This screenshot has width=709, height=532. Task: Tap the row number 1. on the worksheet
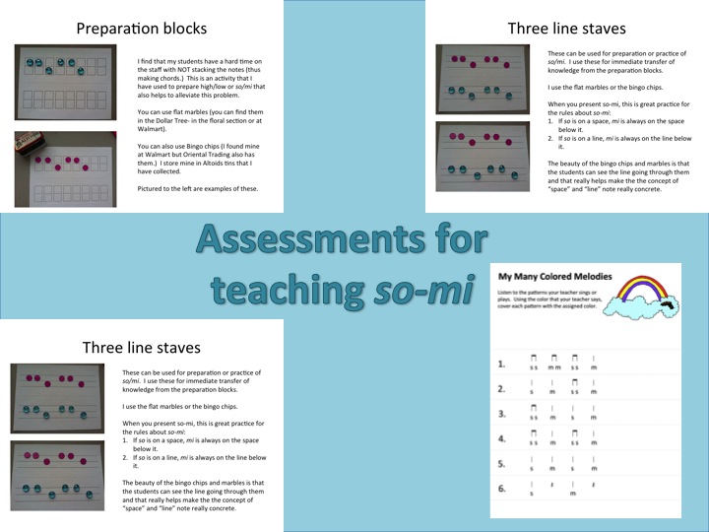[502, 365]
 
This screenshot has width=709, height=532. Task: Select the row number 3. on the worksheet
[502, 414]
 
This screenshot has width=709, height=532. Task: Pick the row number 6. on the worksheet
[502, 488]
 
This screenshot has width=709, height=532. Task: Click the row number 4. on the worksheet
[502, 438]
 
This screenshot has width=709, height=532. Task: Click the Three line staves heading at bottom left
[142, 347]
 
